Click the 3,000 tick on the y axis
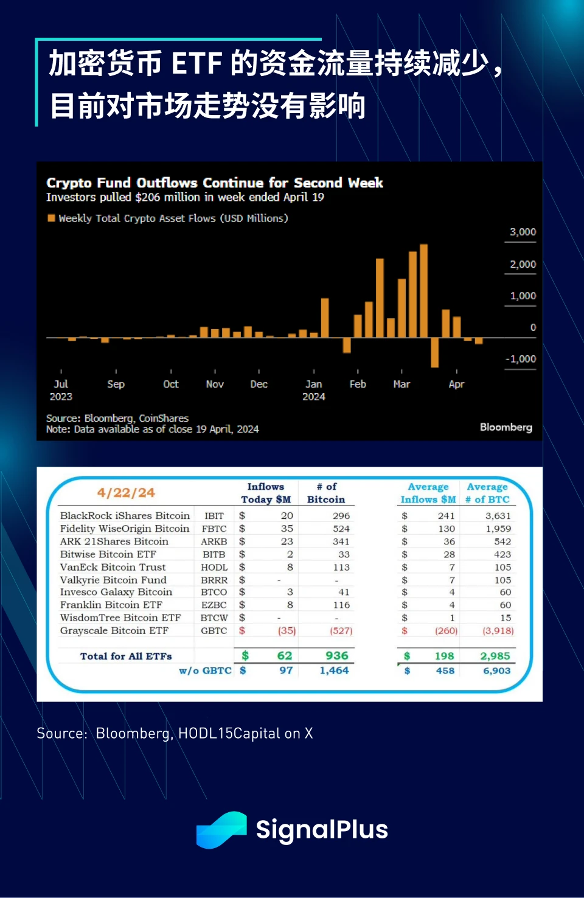click(x=523, y=232)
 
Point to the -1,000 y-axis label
click(x=521, y=359)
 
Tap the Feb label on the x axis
click(x=358, y=385)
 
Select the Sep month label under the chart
click(x=116, y=385)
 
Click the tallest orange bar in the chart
click(x=424, y=290)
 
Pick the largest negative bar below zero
click(x=434, y=352)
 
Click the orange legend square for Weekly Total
click(x=52, y=218)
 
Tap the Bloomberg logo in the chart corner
click(x=506, y=427)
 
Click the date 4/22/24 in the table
click(x=126, y=493)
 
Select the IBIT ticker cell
click(x=214, y=516)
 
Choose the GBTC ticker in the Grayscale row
click(x=214, y=631)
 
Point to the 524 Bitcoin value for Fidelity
click(x=341, y=529)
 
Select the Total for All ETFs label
click(x=126, y=656)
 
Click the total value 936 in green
click(x=336, y=656)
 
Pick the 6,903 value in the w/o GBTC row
click(x=496, y=670)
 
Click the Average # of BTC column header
click(x=487, y=493)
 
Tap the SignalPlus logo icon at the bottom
click(x=221, y=829)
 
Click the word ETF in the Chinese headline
click(x=196, y=63)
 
